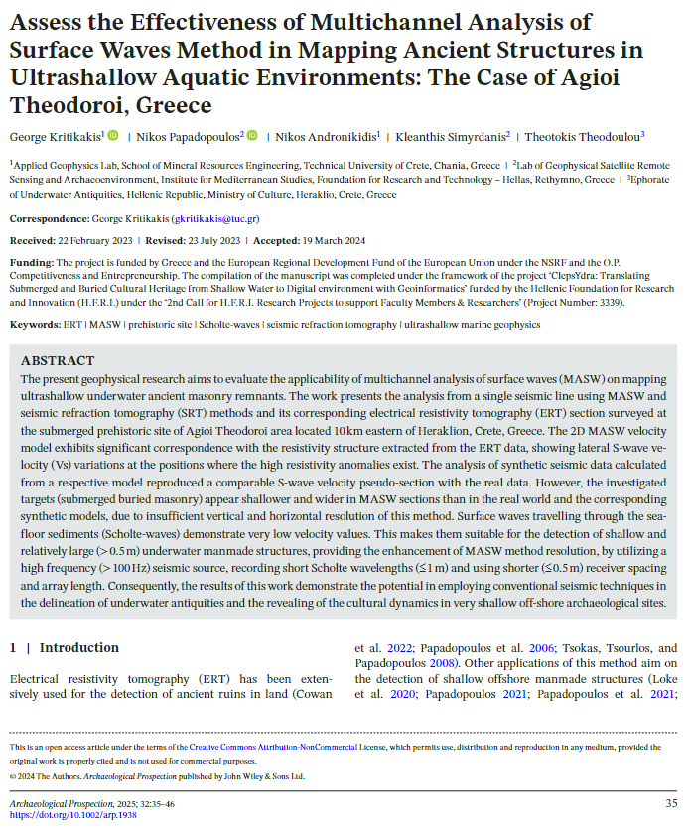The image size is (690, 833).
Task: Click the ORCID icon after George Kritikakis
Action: (113, 135)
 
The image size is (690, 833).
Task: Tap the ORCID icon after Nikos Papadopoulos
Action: (252, 135)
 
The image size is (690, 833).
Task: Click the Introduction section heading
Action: (79, 648)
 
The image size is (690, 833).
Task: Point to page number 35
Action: (671, 802)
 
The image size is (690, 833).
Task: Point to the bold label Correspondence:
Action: (49, 218)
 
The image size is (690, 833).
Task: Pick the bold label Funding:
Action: (31, 261)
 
